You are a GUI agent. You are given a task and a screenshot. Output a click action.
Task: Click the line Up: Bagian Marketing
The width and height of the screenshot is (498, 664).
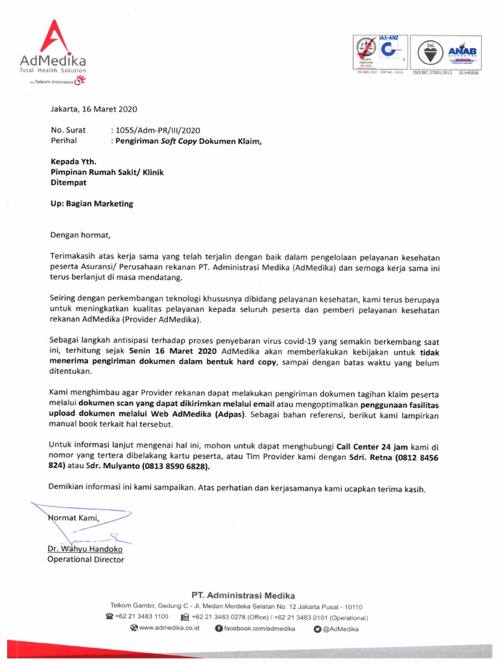click(x=91, y=203)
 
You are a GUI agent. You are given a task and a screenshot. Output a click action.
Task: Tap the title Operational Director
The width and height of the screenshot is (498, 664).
click(x=86, y=560)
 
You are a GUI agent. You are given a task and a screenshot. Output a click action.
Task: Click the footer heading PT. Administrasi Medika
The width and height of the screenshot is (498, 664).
click(x=243, y=595)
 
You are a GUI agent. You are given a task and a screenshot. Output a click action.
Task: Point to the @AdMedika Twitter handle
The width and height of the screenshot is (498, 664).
click(x=340, y=628)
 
